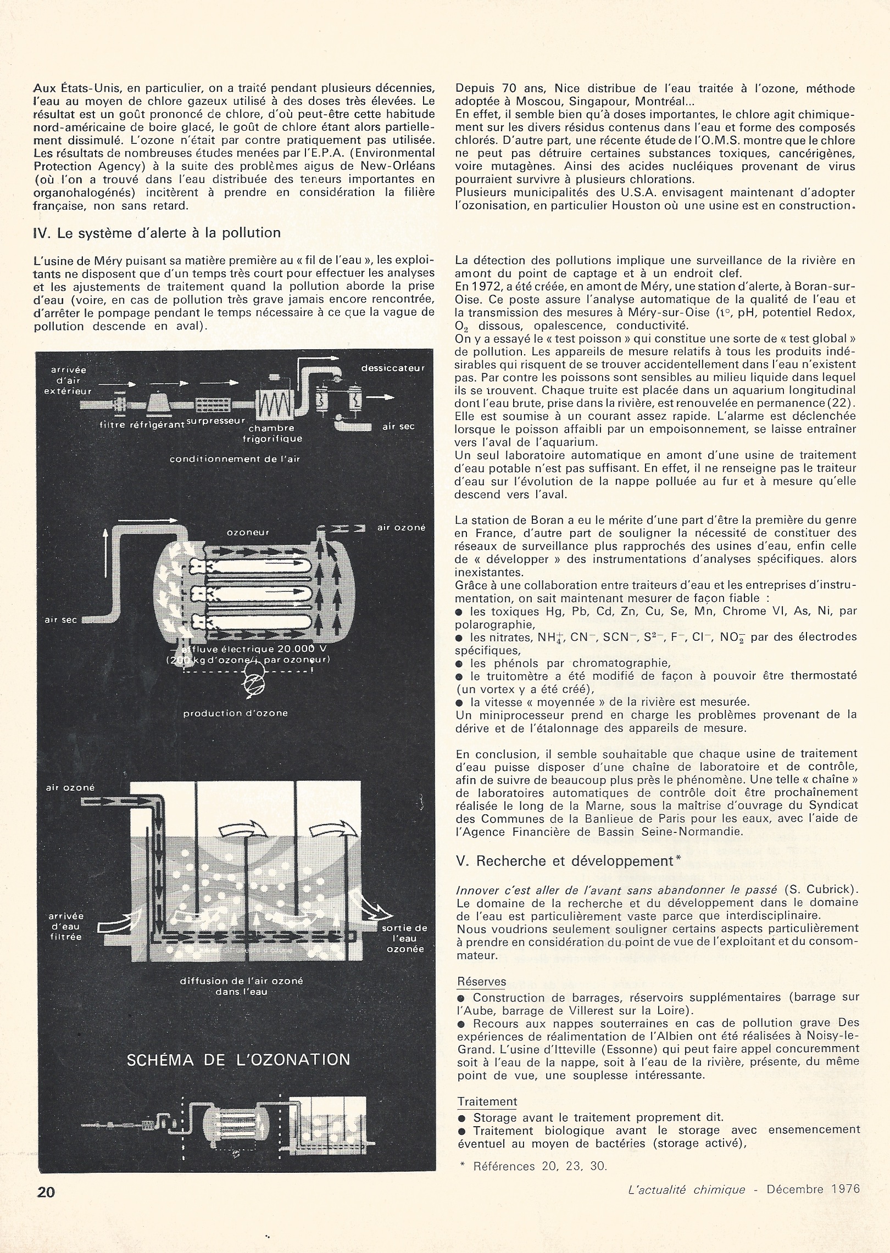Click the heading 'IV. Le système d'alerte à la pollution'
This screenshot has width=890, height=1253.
click(x=157, y=233)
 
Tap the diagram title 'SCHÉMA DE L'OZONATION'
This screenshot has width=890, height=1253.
click(x=238, y=1059)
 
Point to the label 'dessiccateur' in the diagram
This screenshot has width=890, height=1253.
click(x=393, y=368)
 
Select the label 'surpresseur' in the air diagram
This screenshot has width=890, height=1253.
click(x=224, y=420)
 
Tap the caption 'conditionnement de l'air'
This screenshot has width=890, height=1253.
click(x=234, y=459)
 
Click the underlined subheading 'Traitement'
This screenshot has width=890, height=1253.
click(x=487, y=1101)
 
